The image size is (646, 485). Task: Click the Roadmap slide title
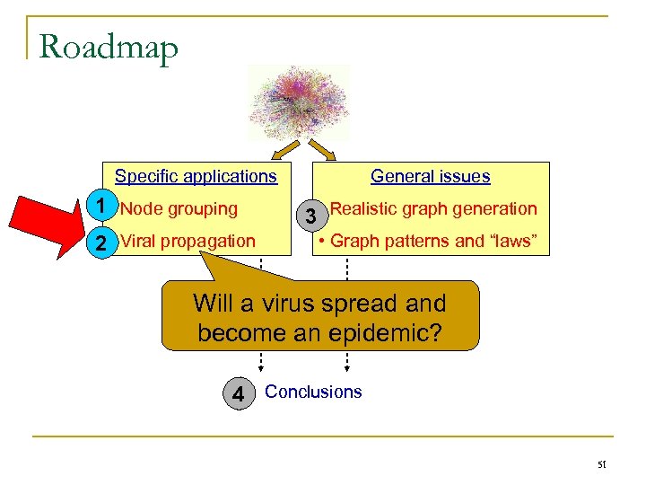109,46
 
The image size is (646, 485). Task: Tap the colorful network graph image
298,101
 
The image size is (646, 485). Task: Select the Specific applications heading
196,176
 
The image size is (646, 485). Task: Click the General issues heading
430,176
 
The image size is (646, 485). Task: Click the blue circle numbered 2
103,242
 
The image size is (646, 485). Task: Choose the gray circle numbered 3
310,216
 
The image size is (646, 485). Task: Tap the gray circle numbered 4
238,393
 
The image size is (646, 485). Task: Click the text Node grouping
179,209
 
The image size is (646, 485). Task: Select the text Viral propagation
188,241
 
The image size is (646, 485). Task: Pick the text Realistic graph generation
433,209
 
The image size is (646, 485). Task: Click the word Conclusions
313,392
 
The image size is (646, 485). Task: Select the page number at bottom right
604,464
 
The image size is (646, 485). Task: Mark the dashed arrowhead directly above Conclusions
347,366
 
